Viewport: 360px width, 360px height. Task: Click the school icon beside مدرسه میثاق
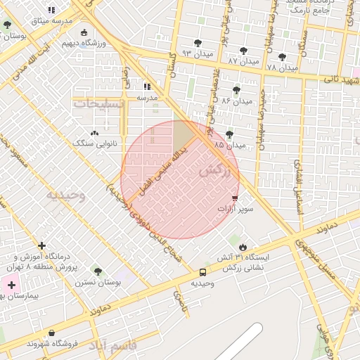51,10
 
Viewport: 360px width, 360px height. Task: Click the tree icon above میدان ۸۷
244,51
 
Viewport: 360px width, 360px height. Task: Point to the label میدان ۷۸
283,67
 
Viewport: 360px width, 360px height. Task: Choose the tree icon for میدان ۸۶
236,90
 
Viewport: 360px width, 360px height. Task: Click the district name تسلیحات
98,103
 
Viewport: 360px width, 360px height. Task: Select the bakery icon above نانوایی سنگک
94,132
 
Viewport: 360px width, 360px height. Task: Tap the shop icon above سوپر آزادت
235,199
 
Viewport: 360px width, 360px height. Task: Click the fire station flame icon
243,247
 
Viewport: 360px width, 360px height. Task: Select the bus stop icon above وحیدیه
202,272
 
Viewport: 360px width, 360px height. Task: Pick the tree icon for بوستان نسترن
98,271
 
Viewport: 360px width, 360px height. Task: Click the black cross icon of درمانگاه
42,246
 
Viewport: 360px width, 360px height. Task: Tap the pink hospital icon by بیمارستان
11,285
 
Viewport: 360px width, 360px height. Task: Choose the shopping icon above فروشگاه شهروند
51,333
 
